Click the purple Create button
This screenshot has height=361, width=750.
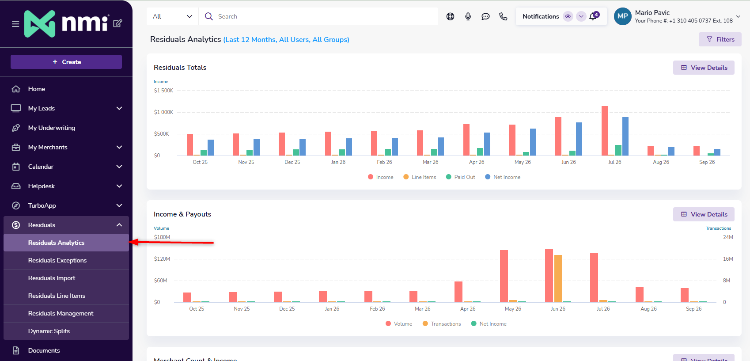tap(66, 62)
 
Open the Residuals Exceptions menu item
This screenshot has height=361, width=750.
tap(57, 260)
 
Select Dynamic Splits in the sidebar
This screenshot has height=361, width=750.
tap(49, 331)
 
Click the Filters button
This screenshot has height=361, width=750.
tap(720, 39)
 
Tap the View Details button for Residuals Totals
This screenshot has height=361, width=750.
tap(704, 68)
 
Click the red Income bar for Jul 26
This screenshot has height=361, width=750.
tap(605, 131)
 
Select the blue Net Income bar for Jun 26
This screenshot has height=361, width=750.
tap(579, 139)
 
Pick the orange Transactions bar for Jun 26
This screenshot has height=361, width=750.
tap(558, 279)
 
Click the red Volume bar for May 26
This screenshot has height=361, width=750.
tap(504, 276)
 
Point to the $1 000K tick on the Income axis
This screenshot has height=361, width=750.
tap(163, 112)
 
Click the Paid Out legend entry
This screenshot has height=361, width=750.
tap(460, 177)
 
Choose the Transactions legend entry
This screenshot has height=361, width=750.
tap(442, 324)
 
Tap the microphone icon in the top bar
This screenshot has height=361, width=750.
tap(468, 16)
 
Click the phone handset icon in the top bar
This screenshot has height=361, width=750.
tap(503, 16)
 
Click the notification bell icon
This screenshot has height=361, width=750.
tap(593, 16)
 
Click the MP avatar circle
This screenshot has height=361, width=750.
tap(622, 16)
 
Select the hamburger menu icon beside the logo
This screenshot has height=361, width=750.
tap(15, 24)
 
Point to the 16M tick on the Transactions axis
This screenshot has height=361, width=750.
tap(728, 259)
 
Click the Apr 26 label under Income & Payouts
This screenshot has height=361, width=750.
tap(468, 309)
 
